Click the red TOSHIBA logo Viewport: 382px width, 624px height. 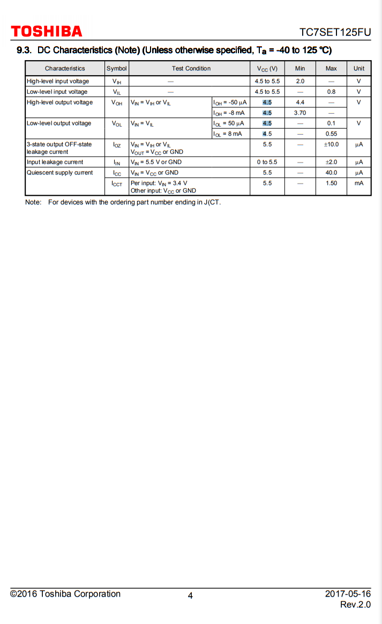pyautogui.click(x=47, y=31)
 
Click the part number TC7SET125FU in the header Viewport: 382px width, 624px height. pyautogui.click(x=335, y=32)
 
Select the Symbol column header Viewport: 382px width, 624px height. pyautogui.click(x=117, y=69)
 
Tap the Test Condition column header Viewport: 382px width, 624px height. pyautogui.click(x=191, y=69)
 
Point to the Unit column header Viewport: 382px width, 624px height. pyautogui.click(x=358, y=69)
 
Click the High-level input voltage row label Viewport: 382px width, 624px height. pyautogui.click(x=58, y=82)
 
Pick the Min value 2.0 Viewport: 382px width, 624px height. pyautogui.click(x=300, y=82)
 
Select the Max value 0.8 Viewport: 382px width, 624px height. pyautogui.click(x=331, y=92)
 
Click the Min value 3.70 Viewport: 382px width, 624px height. pyautogui.click(x=300, y=113)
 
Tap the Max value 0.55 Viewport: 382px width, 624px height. pyautogui.click(x=331, y=134)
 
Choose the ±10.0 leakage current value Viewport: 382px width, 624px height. pyautogui.click(x=331, y=144)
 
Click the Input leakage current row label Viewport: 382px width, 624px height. pyautogui.click(x=55, y=162)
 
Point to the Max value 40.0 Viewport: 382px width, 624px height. pyautogui.click(x=331, y=173)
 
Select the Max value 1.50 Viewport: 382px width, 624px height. pyautogui.click(x=331, y=183)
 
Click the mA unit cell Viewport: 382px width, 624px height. pyautogui.click(x=358, y=183)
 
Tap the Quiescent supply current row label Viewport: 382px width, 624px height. pyautogui.click(x=59, y=173)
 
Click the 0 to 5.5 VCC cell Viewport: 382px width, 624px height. pyautogui.click(x=267, y=162)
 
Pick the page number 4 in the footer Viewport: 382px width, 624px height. pyautogui.click(x=190, y=595)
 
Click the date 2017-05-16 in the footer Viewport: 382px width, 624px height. pyautogui.click(x=348, y=594)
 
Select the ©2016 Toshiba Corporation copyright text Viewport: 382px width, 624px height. pyautogui.click(x=65, y=594)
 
